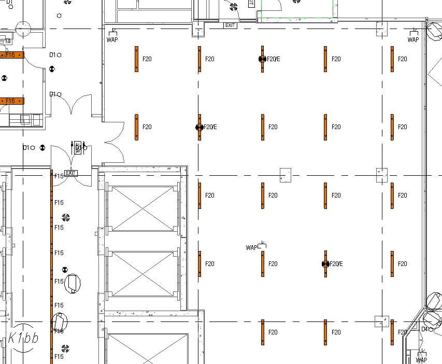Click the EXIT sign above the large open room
pos(230,25)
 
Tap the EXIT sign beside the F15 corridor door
pos(70,173)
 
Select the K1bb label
pos(23,339)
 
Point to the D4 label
pos(424,329)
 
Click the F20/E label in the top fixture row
pos(274,59)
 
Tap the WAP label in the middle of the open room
pos(252,248)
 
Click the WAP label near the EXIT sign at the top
pos(112,39)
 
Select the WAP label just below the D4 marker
pos(422,360)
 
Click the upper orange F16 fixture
pos(11,55)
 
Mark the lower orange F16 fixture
pos(11,101)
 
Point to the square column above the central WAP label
pos(286,175)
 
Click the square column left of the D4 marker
pos(382,321)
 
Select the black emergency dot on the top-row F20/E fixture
pos(262,59)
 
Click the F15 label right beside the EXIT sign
pos(59,176)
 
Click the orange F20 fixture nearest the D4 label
pos(392,332)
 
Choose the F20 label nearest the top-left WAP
pos(147,59)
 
